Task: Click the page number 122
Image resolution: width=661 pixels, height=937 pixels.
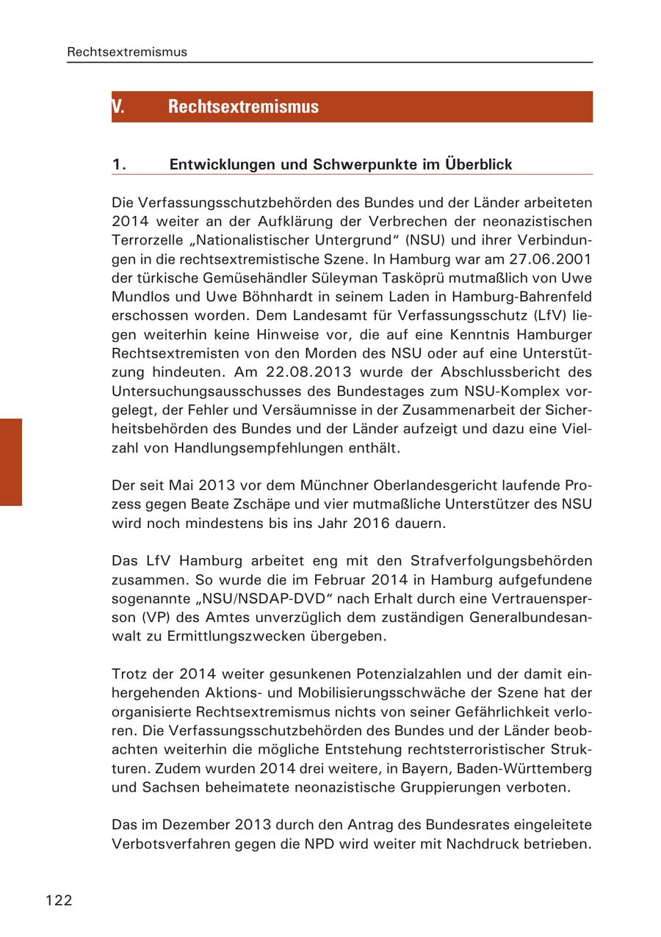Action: coord(59,900)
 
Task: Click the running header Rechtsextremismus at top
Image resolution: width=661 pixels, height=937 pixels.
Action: coord(127,52)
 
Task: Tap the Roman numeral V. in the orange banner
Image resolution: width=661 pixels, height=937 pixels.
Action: coord(118,106)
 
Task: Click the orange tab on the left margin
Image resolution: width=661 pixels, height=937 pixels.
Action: coord(11,462)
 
